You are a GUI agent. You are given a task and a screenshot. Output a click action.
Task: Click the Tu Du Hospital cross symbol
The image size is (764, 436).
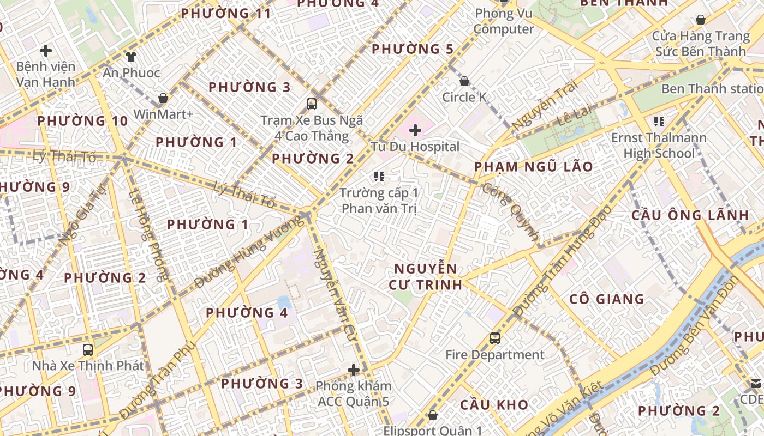click(x=415, y=130)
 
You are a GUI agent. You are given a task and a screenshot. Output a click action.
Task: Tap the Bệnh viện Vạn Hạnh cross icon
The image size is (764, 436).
click(x=46, y=51)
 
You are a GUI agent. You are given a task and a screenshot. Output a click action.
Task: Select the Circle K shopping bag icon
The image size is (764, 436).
click(x=464, y=82)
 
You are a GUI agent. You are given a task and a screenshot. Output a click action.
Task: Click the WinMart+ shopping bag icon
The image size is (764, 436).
click(x=163, y=99)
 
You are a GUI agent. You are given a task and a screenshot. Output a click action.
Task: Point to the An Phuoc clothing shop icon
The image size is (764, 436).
click(x=130, y=56)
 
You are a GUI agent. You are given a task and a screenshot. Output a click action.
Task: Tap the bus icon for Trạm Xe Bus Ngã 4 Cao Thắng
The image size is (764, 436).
click(x=311, y=104)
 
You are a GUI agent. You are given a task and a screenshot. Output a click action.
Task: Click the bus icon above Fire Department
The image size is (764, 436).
click(x=494, y=338)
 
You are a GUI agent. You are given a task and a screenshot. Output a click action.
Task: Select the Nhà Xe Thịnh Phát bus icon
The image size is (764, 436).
click(x=87, y=349)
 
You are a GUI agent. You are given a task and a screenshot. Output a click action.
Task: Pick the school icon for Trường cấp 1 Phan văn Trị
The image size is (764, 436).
click(x=379, y=177)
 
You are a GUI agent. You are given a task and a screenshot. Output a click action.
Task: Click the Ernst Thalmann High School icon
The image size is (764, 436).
click(x=659, y=121)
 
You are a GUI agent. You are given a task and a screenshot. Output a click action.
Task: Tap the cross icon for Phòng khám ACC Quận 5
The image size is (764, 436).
click(x=354, y=371)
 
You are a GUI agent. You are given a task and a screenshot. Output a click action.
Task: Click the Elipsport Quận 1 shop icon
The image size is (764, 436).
click(x=433, y=415)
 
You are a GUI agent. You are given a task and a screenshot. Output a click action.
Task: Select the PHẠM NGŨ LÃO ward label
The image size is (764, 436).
click(x=533, y=167)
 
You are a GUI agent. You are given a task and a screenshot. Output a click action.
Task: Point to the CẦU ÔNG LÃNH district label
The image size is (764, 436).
click(x=690, y=215)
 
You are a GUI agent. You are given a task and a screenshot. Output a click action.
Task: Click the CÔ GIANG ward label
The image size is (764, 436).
click(x=606, y=299)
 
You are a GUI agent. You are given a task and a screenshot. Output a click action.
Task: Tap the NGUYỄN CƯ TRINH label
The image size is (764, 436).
click(x=426, y=276)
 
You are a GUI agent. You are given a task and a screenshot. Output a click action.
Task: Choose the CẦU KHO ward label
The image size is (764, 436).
click(x=494, y=405)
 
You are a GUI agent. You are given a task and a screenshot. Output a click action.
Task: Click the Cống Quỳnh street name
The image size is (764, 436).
click(x=511, y=212)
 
